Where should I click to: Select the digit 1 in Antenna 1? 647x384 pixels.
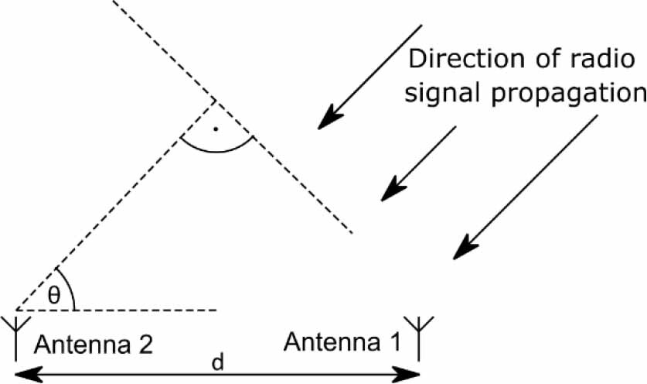[394, 341]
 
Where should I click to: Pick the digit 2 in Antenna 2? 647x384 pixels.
[147, 343]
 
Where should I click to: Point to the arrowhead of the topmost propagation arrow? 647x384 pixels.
[328, 118]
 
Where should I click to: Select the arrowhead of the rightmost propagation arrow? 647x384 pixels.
[462, 249]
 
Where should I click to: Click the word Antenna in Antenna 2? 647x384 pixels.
[80, 343]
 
